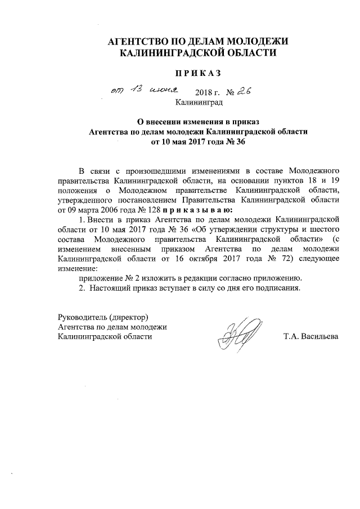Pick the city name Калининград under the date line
click(199, 103)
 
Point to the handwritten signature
click(238, 334)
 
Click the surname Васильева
click(319, 337)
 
